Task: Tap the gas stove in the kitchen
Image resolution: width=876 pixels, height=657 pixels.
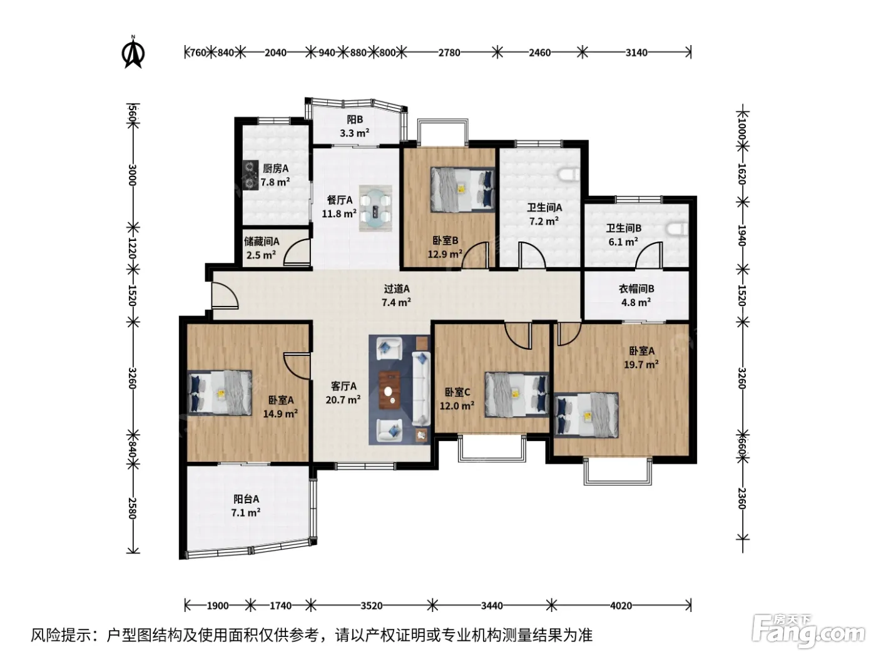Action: click(250, 175)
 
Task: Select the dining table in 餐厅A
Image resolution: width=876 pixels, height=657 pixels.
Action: click(375, 208)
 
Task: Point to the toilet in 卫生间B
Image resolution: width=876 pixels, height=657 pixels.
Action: click(677, 230)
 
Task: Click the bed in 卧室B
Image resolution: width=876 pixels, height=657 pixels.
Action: click(462, 190)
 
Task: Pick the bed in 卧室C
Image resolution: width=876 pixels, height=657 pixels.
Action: click(517, 395)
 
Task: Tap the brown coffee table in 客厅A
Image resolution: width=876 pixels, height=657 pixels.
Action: click(390, 390)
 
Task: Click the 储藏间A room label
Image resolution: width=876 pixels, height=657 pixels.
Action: click(262, 242)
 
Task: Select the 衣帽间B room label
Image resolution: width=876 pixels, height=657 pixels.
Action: click(636, 288)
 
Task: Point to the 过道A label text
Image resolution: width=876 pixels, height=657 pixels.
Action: click(396, 288)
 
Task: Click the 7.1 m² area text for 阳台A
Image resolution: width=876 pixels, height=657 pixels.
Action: click(246, 512)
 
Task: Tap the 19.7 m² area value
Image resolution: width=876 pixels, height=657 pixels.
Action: click(641, 364)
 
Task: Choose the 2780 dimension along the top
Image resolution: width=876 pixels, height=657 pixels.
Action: click(449, 53)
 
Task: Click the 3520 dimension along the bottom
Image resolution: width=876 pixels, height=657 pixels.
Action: click(371, 606)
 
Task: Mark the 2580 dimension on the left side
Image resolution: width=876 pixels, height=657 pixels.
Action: click(133, 508)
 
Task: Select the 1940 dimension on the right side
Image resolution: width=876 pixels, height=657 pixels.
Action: click(741, 235)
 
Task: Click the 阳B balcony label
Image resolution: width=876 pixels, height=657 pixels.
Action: click(354, 120)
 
